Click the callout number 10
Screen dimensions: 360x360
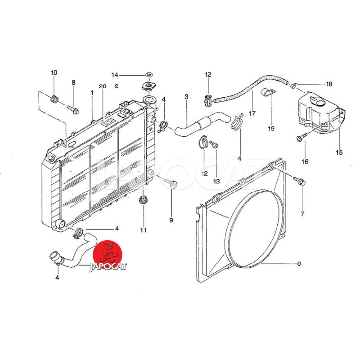[x=54, y=72]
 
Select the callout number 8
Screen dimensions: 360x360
[x=73, y=82]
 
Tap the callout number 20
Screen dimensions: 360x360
[x=103, y=86]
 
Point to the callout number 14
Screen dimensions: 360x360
[x=115, y=75]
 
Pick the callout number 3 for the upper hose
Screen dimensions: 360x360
[x=186, y=97]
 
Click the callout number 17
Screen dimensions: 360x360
[x=252, y=113]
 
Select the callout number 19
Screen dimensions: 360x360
[x=271, y=129]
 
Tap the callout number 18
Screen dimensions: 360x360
[x=329, y=84]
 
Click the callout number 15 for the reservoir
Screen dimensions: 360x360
[x=339, y=152]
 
